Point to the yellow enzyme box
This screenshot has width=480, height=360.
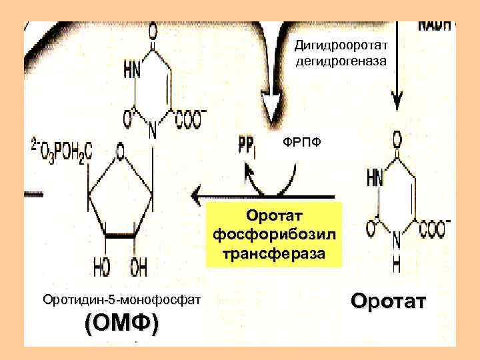point(273,234)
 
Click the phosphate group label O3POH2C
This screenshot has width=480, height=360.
point(63,145)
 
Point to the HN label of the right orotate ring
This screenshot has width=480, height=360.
point(375,178)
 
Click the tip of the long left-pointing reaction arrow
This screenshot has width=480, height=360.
point(193,196)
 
